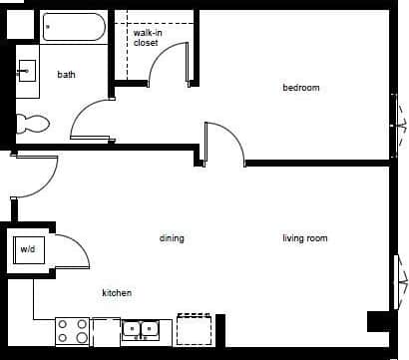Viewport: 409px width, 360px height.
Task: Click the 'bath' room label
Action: pos(67,75)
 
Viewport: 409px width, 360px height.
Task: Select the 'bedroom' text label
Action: pos(300,88)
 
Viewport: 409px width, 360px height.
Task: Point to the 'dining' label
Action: pos(172,238)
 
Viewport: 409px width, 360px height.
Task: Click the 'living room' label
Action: pos(304,238)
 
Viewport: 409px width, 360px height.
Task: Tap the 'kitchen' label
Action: pos(118,293)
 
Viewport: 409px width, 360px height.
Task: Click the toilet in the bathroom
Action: pos(32,125)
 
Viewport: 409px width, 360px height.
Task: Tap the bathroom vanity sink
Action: pos(27,71)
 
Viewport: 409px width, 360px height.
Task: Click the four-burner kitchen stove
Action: pos(72,330)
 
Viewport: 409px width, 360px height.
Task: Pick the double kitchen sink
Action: pos(142,328)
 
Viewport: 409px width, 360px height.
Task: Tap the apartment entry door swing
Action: pos(35,179)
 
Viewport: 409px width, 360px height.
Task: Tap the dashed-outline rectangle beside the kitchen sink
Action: pos(195,328)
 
